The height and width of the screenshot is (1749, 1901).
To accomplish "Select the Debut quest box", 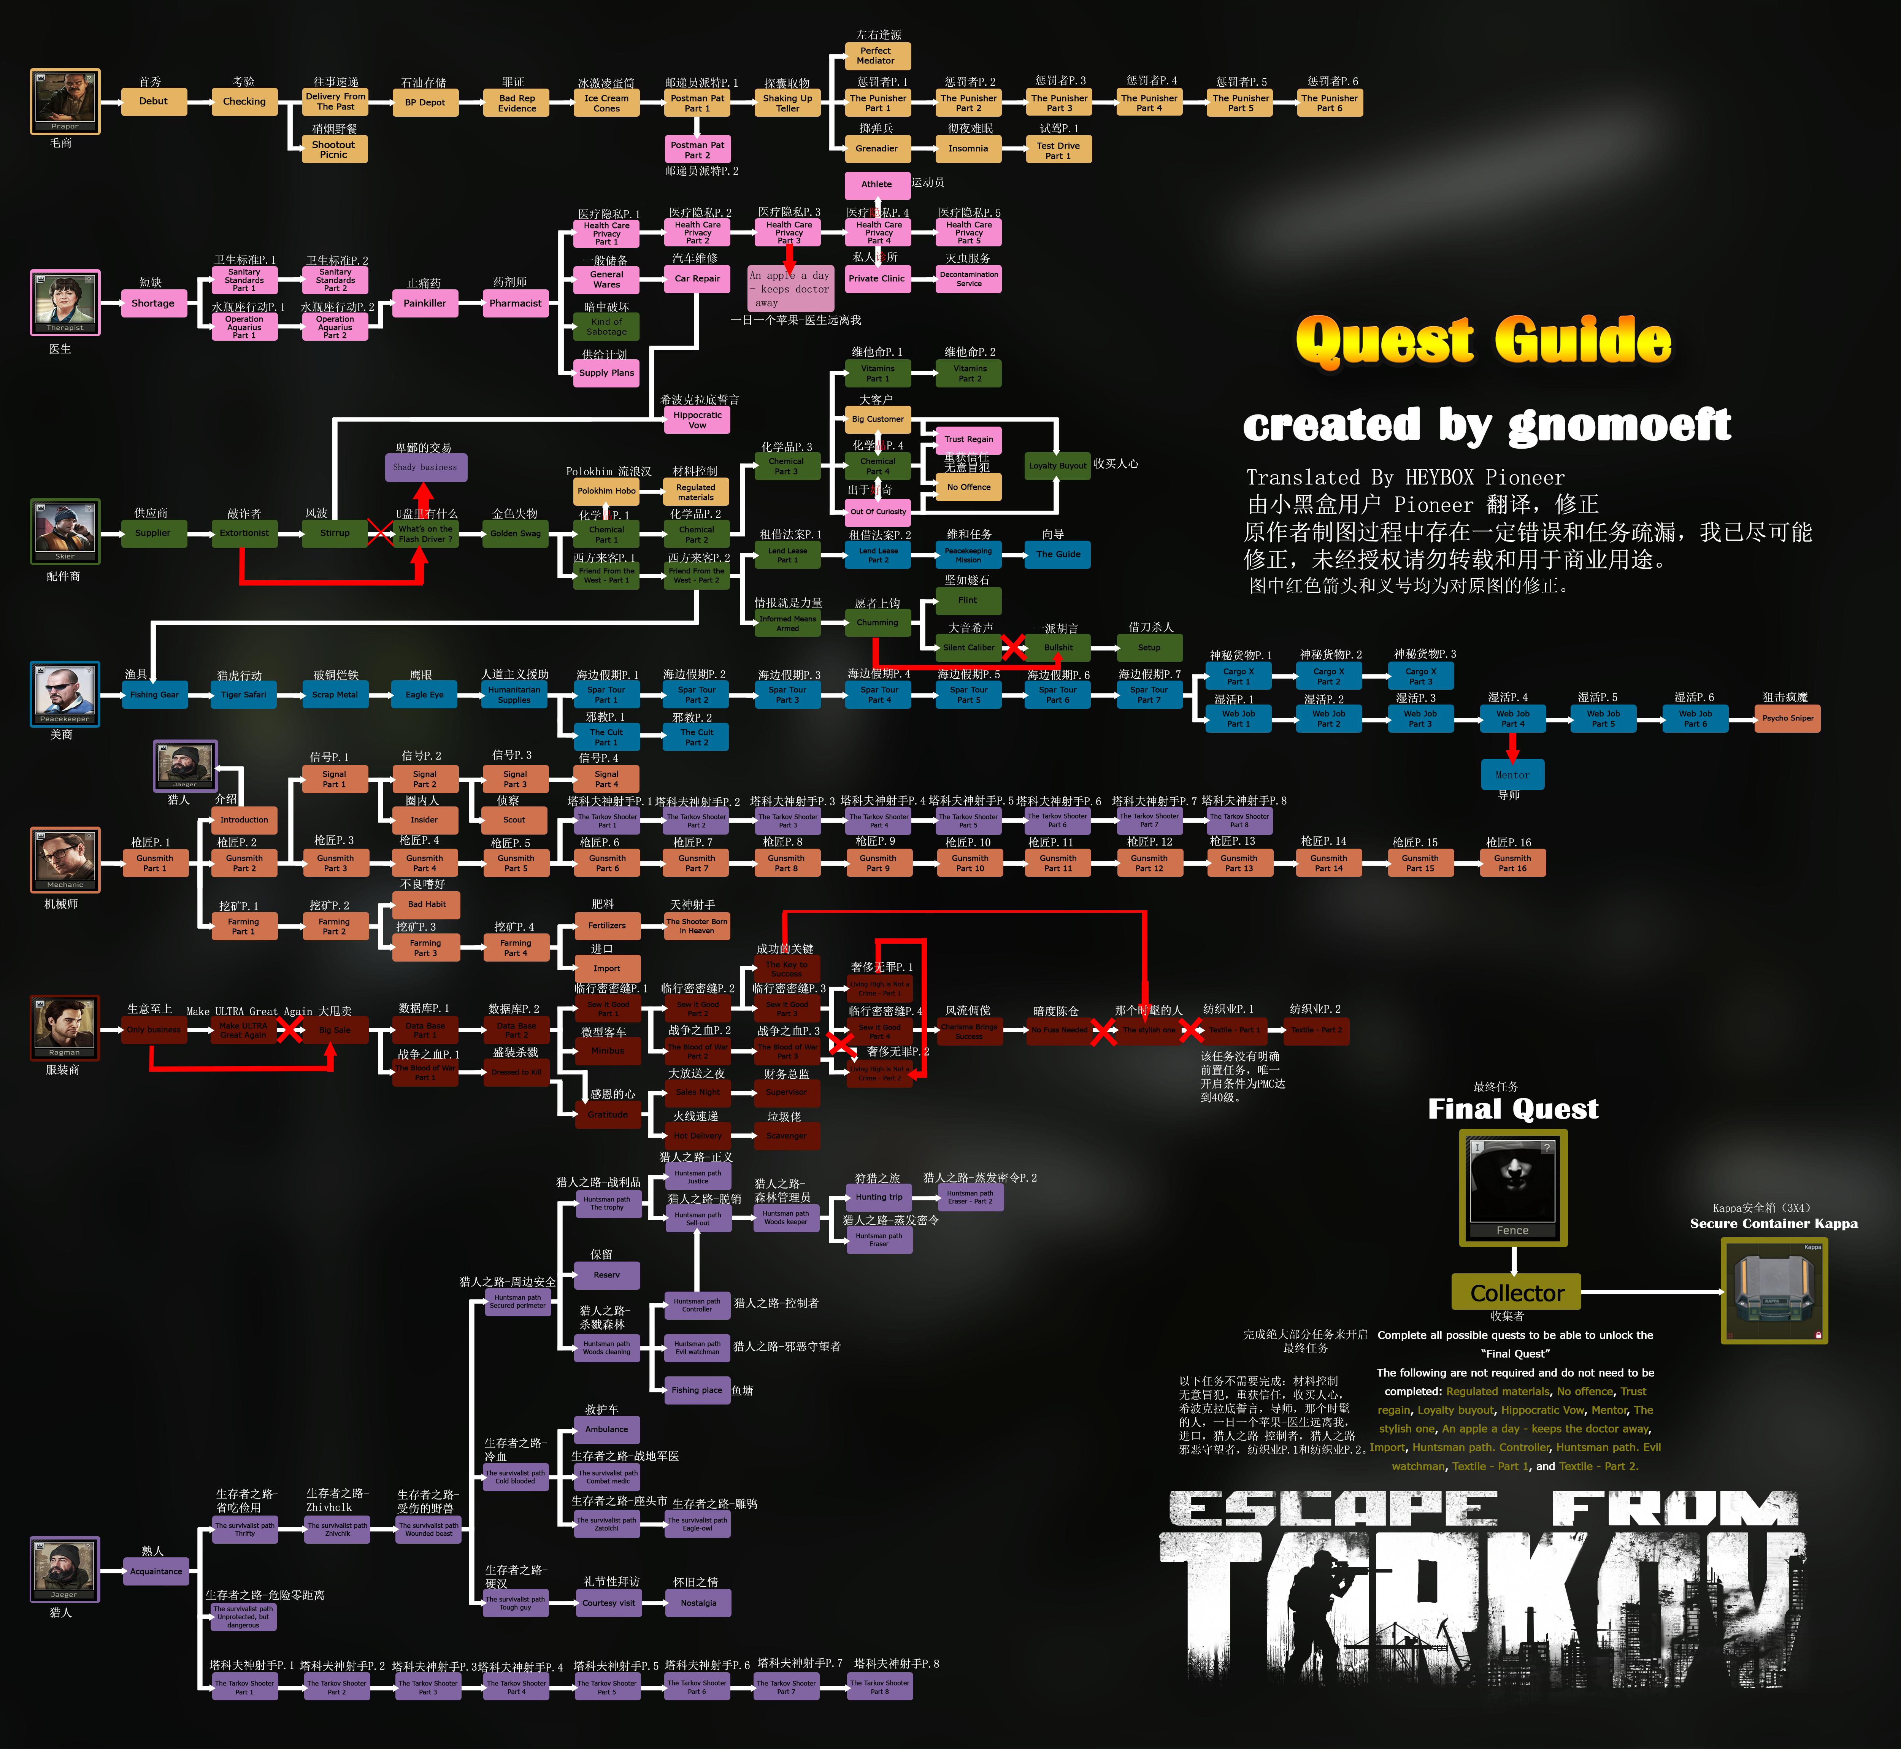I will pos(153,101).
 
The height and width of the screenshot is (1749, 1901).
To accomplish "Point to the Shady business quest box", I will pos(425,467).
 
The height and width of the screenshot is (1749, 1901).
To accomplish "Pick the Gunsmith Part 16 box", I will pos(1512,862).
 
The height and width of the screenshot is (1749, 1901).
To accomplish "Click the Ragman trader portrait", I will pos(64,1027).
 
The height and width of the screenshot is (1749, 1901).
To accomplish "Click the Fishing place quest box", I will pos(697,1390).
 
